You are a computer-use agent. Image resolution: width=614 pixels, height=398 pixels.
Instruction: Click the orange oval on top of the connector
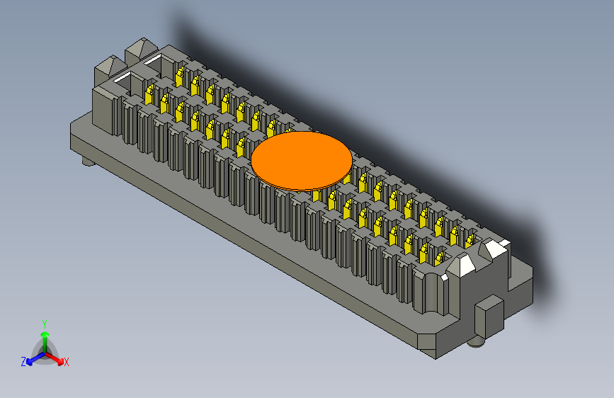301,159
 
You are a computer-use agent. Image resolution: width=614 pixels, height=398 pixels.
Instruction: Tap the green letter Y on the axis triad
44,323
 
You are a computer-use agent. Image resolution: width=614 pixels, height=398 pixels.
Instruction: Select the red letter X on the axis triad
67,362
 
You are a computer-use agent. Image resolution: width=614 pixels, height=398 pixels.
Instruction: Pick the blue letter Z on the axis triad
23,362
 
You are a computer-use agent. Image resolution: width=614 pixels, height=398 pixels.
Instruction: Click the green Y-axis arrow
45,336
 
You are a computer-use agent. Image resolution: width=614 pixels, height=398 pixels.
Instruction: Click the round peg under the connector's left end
89,163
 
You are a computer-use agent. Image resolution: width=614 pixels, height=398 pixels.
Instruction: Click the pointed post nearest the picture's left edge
106,69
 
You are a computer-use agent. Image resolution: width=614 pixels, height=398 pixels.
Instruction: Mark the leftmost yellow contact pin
149,93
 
